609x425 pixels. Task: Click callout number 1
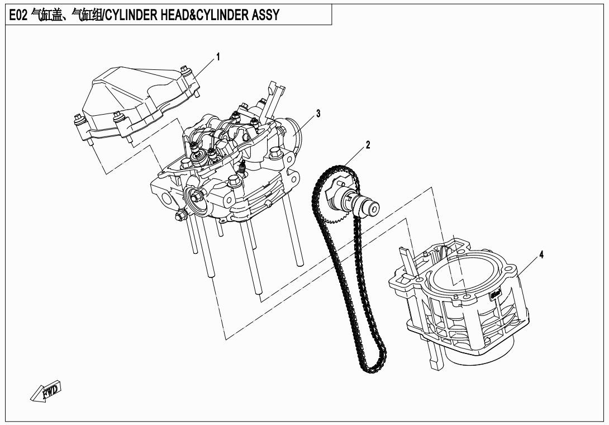[x=218, y=56]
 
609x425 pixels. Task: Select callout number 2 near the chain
[x=368, y=144]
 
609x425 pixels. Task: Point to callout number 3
[x=318, y=114]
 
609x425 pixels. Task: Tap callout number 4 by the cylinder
[x=540, y=254]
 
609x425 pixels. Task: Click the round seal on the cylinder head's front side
[x=194, y=198]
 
